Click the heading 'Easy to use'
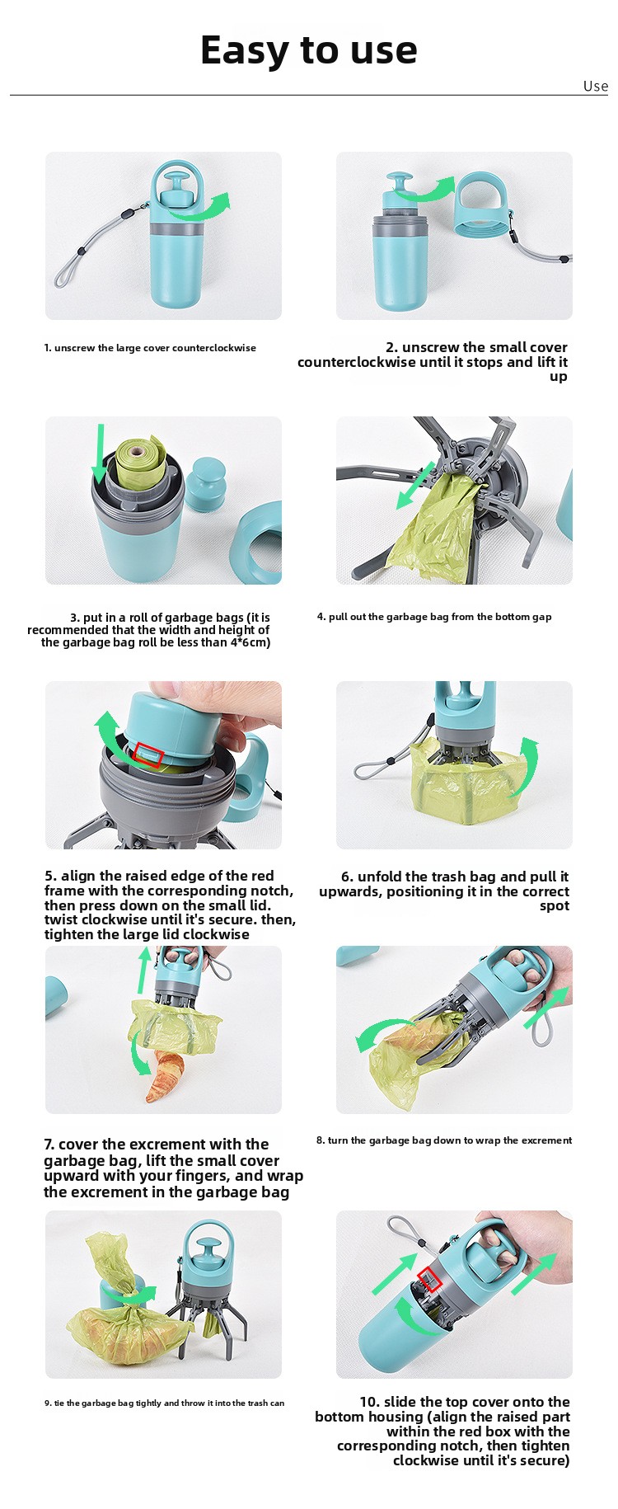[309, 50]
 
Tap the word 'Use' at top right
[596, 86]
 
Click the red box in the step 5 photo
[148, 754]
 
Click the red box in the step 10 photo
[430, 1279]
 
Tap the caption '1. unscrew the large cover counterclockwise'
[150, 348]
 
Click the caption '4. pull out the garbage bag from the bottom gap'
[434, 617]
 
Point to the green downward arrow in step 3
[101, 454]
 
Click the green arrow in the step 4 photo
[416, 486]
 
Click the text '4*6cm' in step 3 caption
[250, 642]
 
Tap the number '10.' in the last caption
[369, 1402]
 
